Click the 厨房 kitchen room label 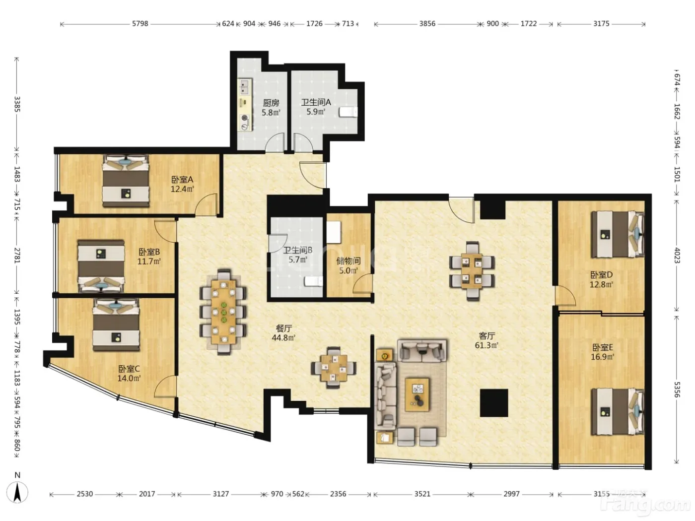coord(271,103)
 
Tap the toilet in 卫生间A coord(348,112)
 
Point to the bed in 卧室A coord(126,181)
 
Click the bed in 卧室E coord(618,411)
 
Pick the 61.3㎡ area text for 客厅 coord(486,345)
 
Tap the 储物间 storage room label coord(348,261)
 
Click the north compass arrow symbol coord(18,492)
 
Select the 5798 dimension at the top coord(140,24)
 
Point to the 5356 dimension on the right coord(676,390)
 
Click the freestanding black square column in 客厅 coord(494,403)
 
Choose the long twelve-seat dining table coord(223,312)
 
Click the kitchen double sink coord(244,87)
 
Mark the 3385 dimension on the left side coord(17,104)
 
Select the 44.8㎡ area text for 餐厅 coord(283,337)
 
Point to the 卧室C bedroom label coord(129,369)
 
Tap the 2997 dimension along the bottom coord(511,494)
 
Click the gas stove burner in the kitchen coord(244,118)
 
